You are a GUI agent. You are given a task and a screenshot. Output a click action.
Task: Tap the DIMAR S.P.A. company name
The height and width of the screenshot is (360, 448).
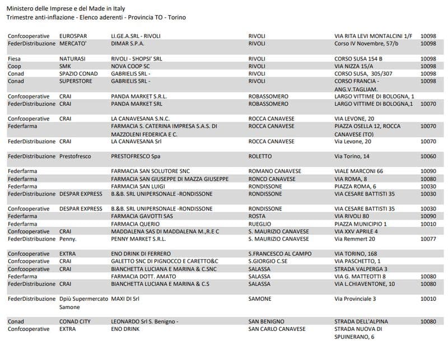point(128,43)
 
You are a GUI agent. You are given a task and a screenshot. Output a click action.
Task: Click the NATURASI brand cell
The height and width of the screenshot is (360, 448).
point(72,59)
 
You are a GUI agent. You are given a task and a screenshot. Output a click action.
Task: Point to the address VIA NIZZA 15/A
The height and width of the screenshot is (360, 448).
point(354,66)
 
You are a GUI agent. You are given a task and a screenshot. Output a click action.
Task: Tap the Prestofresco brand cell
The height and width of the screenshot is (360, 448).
point(75,156)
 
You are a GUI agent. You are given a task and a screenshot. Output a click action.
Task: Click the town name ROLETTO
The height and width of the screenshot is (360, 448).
point(260,156)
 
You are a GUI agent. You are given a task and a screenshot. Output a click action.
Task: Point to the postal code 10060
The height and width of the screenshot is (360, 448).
point(428,156)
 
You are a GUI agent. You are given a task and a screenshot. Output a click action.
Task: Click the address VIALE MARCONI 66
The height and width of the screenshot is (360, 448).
point(358,171)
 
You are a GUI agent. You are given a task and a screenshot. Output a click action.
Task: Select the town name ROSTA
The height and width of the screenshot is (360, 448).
point(257,216)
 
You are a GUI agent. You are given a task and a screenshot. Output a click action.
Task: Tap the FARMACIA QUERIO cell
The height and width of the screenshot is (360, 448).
point(135,224)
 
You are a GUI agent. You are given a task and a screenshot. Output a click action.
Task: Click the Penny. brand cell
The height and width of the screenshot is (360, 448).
point(69,239)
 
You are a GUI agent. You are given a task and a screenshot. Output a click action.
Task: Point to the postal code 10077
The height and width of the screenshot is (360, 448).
point(428,239)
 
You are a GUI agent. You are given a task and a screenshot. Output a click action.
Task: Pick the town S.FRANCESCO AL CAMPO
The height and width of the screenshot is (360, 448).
point(280,254)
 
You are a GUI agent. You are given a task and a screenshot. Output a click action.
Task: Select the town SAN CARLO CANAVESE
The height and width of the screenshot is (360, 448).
point(277,329)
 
